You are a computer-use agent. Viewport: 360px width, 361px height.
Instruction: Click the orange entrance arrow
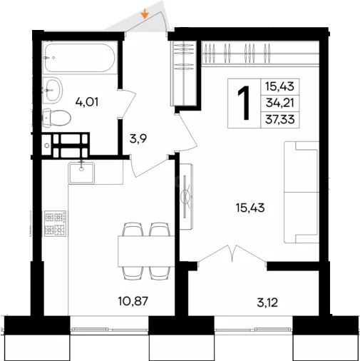[145, 14]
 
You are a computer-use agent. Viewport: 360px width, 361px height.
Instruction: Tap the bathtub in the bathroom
[80, 58]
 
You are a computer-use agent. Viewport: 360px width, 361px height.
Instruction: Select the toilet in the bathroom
[57, 118]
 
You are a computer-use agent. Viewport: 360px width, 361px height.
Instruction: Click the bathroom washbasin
[53, 91]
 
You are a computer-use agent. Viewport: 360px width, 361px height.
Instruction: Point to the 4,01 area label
[87, 102]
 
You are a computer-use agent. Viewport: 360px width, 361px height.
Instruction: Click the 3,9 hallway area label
[138, 138]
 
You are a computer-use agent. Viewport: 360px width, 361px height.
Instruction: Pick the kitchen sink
[81, 173]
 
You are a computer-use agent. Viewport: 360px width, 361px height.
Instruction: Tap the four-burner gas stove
[55, 223]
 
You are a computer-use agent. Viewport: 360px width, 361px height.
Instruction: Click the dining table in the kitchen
[146, 251]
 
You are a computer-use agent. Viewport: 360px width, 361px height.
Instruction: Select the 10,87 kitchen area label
[133, 301]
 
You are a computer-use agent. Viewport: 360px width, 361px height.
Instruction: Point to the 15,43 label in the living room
[250, 208]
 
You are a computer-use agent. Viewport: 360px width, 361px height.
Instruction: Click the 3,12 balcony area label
[267, 302]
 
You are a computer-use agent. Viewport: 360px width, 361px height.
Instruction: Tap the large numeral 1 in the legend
[244, 103]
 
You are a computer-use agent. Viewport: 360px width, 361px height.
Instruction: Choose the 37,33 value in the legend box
[280, 119]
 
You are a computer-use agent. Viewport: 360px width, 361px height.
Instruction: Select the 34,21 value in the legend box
[280, 103]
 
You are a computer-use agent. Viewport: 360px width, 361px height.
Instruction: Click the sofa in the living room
[302, 192]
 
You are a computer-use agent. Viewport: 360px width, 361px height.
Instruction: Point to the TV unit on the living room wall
[186, 196]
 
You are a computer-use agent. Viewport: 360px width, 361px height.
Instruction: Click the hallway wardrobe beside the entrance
[183, 73]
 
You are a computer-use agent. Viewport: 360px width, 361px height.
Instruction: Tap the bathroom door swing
[127, 103]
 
